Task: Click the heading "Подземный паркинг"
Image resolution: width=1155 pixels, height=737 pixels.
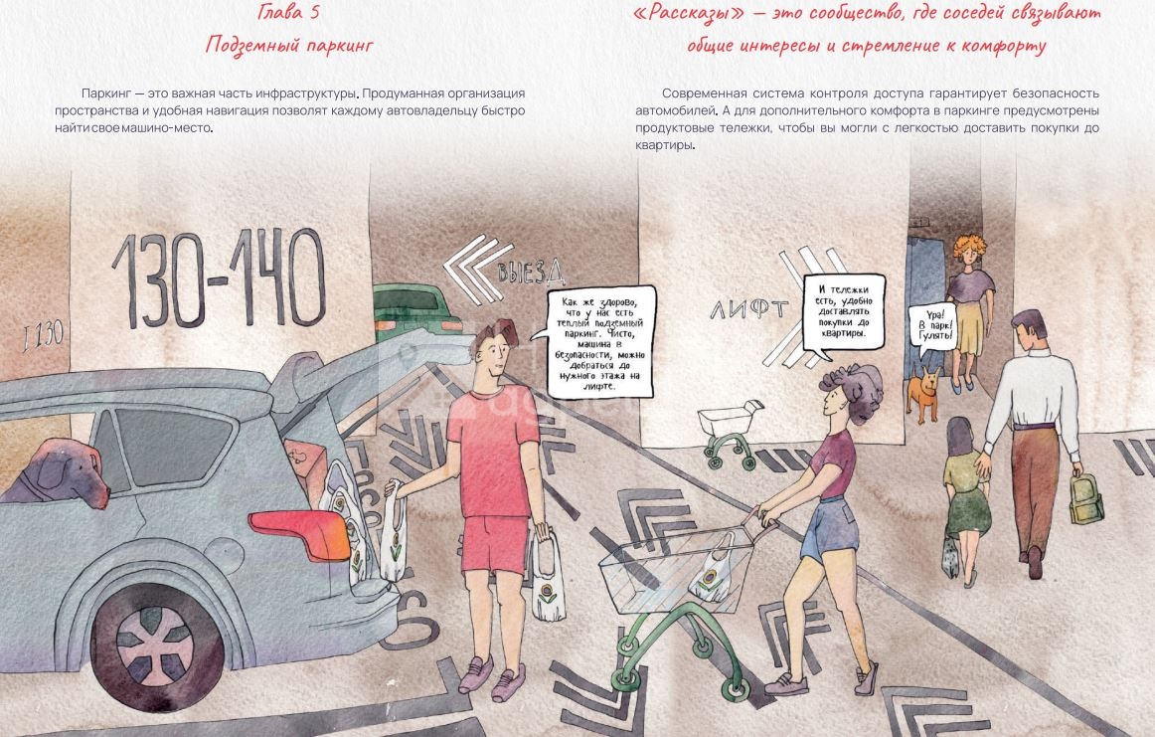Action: pos(289,46)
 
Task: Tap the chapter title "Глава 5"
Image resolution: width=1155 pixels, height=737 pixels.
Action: pos(288,12)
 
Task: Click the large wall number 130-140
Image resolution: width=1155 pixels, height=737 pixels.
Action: pos(219,279)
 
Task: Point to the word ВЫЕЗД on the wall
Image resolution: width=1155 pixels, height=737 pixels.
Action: pos(531,271)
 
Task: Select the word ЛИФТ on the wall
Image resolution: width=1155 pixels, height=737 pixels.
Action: pos(749,309)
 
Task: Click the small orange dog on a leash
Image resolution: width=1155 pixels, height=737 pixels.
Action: pos(923,394)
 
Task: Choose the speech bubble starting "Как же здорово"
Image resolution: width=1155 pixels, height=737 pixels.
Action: pos(601,342)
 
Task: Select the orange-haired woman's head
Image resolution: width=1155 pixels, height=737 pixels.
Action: pos(969,252)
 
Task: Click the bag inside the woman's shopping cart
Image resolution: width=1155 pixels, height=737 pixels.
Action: pos(710,570)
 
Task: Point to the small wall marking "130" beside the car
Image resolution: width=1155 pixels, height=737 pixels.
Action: pos(44,337)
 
